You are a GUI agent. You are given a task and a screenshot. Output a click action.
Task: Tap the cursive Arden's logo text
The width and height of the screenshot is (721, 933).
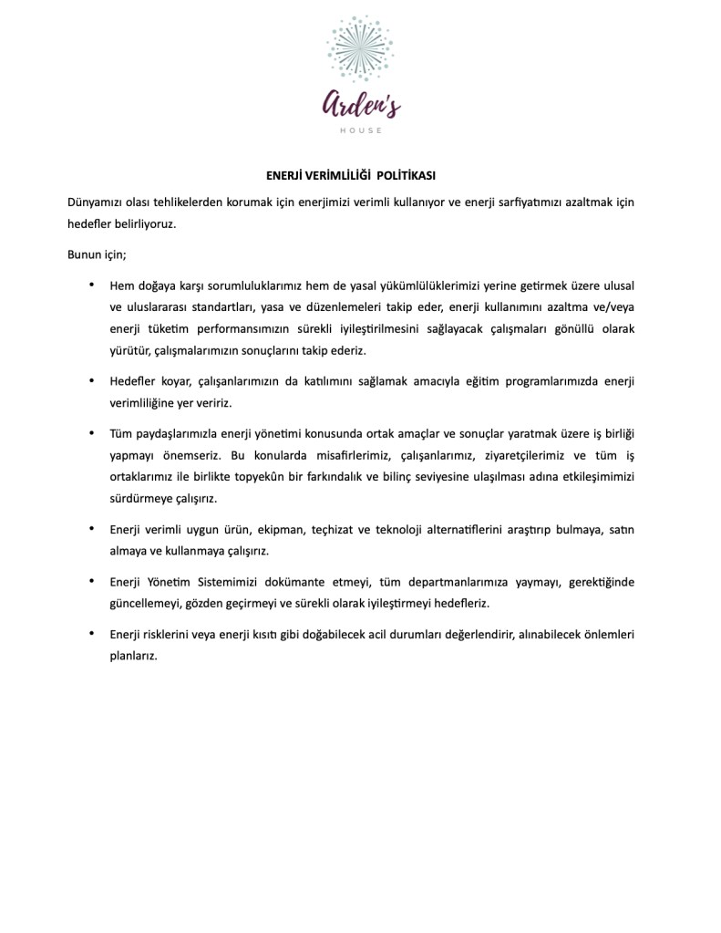tap(360, 106)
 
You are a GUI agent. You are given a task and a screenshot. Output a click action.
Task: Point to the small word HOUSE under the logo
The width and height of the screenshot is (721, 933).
tap(360, 130)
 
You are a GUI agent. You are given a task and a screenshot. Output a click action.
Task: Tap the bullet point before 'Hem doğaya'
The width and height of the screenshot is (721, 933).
tap(91, 285)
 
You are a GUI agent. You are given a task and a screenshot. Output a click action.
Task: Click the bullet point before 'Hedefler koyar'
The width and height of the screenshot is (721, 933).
tap(91, 379)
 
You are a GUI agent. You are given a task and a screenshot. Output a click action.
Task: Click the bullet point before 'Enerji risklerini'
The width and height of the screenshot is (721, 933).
tap(91, 632)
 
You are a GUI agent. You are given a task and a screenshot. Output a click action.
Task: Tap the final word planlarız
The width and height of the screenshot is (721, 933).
tap(133, 655)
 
